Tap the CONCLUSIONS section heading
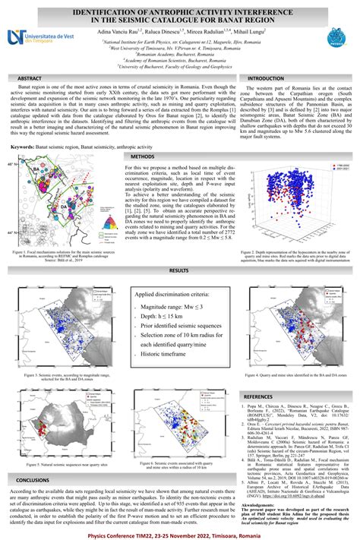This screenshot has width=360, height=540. (x=33, y=480)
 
